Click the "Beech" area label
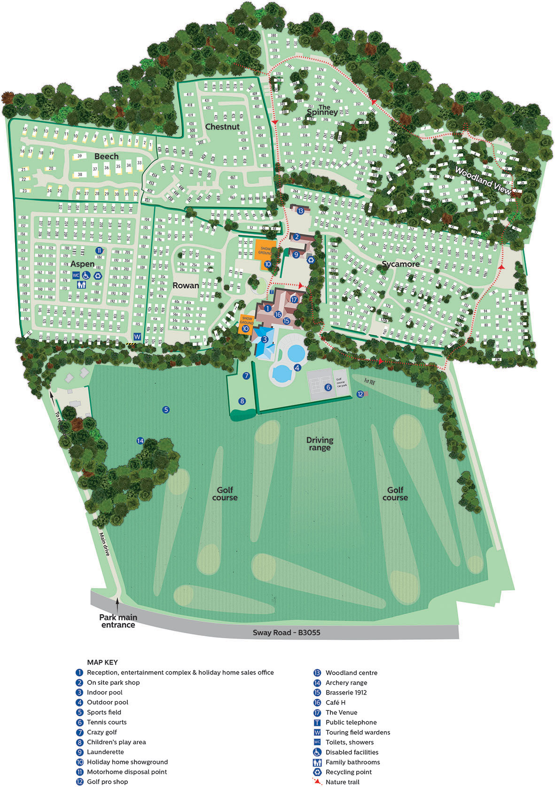pyautogui.click(x=106, y=156)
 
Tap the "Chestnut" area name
pyautogui.click(x=222, y=127)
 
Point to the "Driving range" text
pyautogui.click(x=320, y=443)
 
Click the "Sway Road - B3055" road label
pyautogui.click(x=286, y=632)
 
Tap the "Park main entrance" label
pyautogui.click(x=118, y=621)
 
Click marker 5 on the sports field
pyautogui.click(x=165, y=410)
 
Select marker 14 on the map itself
pyautogui.click(x=140, y=441)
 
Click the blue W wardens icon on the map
pyautogui.click(x=137, y=336)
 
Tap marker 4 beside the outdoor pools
pyautogui.click(x=297, y=368)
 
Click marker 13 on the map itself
pyautogui.click(x=300, y=211)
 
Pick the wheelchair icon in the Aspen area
pyautogui.click(x=86, y=275)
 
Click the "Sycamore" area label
pyautogui.click(x=400, y=264)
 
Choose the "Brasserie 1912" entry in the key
pyautogui.click(x=346, y=692)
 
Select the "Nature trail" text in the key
pyautogui.click(x=342, y=781)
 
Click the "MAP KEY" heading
pyautogui.click(x=102, y=662)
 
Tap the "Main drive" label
pyautogui.click(x=104, y=544)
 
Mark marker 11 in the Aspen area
pyautogui.click(x=99, y=250)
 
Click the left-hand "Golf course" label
pyautogui.click(x=225, y=494)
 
